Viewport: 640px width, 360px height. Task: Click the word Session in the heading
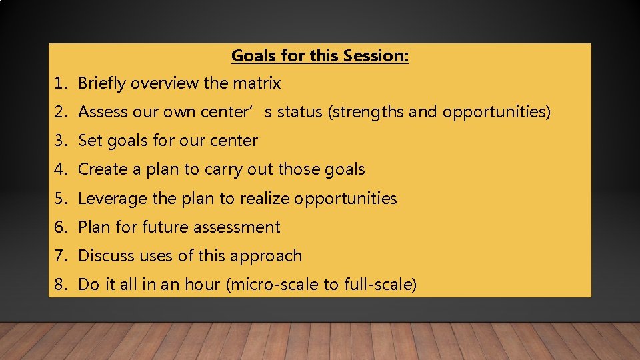[x=375, y=56]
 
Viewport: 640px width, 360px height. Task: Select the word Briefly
[x=103, y=83]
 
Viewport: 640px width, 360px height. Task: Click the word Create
[x=101, y=169]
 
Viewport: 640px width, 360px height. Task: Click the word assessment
[x=239, y=227]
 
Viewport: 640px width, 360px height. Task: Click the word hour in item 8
[x=205, y=285]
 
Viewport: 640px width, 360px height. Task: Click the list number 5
[x=60, y=198]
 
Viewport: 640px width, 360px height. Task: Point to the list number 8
[x=60, y=285]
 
